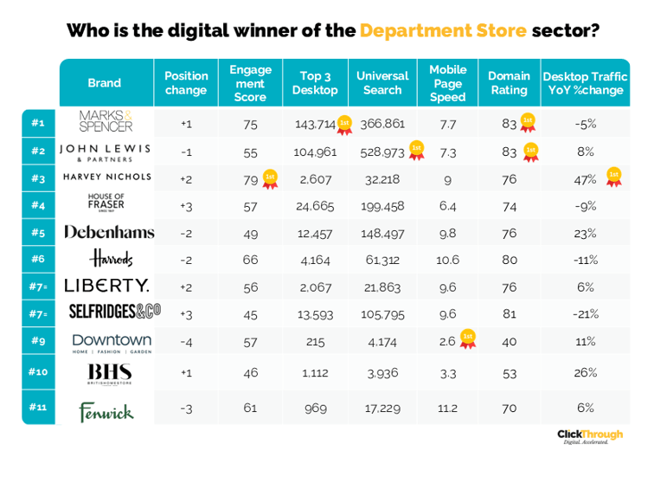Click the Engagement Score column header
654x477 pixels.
click(x=250, y=83)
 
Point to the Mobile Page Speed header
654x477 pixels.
click(x=447, y=83)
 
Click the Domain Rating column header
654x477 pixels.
click(x=509, y=83)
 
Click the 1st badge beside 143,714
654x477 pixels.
click(x=344, y=123)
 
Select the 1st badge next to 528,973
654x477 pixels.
click(x=417, y=150)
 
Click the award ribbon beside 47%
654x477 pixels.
click(x=614, y=177)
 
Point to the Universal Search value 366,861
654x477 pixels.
click(x=382, y=125)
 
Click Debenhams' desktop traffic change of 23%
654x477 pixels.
click(x=586, y=233)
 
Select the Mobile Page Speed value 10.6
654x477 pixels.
click(x=447, y=261)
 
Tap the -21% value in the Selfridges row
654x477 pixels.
click(x=586, y=314)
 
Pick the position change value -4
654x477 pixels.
click(x=186, y=342)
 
